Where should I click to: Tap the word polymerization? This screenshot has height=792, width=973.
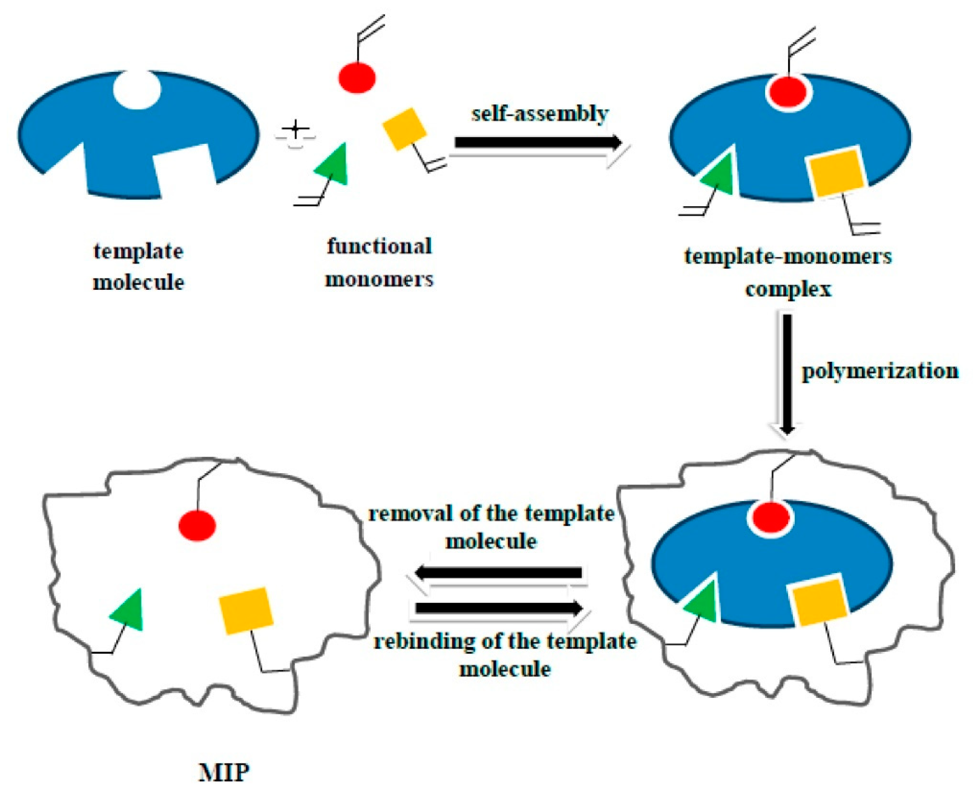pos(880,371)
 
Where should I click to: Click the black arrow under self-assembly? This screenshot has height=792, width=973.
pos(538,142)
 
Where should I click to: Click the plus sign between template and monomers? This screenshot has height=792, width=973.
pos(295,129)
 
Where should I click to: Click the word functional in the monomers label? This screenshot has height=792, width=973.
pos(379,247)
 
